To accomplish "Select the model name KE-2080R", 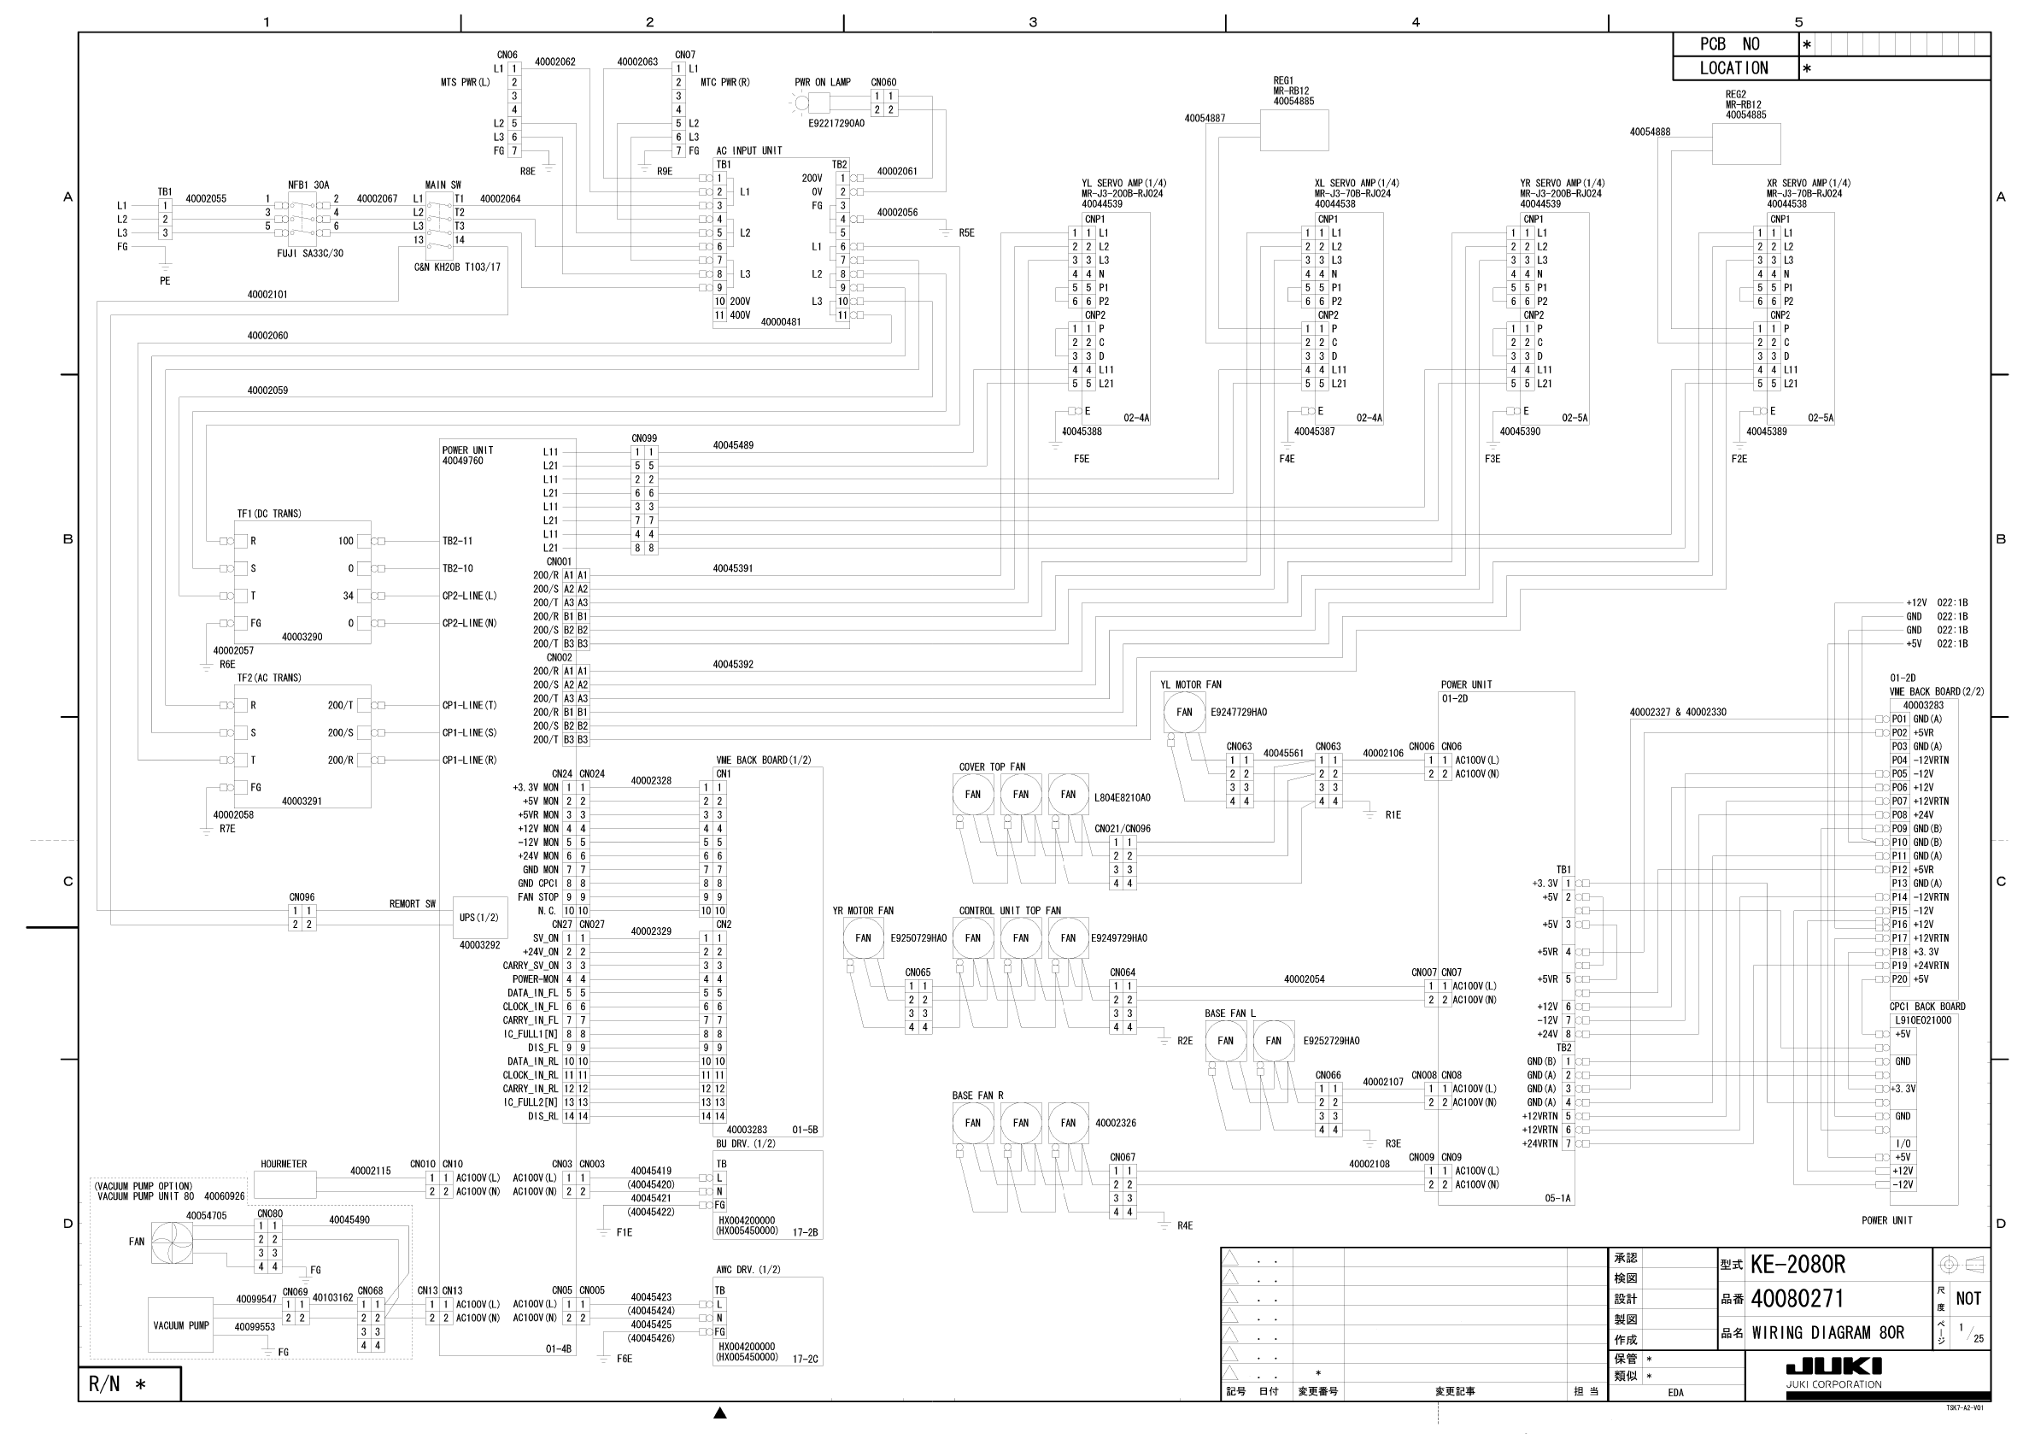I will click(1797, 1265).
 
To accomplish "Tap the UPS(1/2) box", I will click(479, 918).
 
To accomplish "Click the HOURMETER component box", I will click(284, 1184).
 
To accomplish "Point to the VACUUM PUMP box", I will click(181, 1325).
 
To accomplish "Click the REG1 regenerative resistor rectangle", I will click(1294, 132).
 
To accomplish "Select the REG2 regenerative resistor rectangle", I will click(1745, 144).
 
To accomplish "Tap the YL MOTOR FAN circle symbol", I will click(1184, 713).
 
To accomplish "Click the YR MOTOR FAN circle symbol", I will click(862, 938).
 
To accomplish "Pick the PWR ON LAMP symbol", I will click(802, 103).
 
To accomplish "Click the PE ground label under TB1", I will click(165, 281).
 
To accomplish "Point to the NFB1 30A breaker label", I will click(308, 185).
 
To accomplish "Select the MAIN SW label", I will click(443, 185).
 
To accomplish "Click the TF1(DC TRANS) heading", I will click(269, 514).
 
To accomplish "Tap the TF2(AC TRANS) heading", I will click(269, 678).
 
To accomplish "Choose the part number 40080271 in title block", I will click(1797, 1299).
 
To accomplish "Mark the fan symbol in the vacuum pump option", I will click(171, 1242).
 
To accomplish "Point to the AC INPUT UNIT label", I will click(749, 150).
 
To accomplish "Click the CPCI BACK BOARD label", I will click(1927, 1007).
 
